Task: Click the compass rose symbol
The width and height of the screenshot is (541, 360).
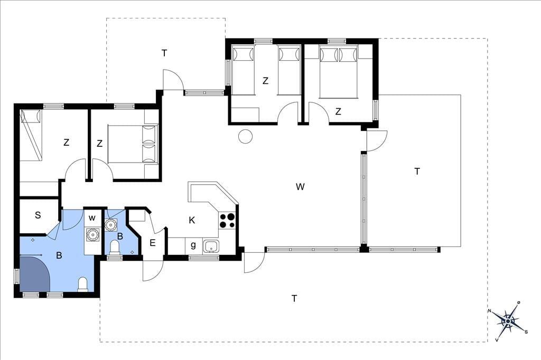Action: pyautogui.click(x=508, y=321)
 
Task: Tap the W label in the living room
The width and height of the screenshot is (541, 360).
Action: pyautogui.click(x=300, y=187)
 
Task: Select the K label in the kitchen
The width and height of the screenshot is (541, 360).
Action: pyautogui.click(x=192, y=220)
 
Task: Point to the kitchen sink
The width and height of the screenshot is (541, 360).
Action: pyautogui.click(x=211, y=246)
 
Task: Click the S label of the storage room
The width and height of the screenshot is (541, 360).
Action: pyautogui.click(x=38, y=215)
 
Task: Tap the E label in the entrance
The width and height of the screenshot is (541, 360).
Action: pyautogui.click(x=153, y=243)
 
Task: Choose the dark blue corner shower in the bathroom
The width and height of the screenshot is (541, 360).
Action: pyautogui.click(x=34, y=273)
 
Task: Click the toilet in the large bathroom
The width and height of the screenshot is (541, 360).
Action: pyautogui.click(x=83, y=285)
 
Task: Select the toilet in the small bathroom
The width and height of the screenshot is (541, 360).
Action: pyautogui.click(x=114, y=248)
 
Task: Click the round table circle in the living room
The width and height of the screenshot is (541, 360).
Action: pyautogui.click(x=245, y=136)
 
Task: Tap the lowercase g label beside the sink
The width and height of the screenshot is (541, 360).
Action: pyautogui.click(x=193, y=245)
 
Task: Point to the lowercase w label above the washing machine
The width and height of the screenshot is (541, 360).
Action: pyautogui.click(x=92, y=218)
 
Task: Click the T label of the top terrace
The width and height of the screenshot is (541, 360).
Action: pyautogui.click(x=164, y=53)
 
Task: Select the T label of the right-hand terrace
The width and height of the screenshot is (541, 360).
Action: pyautogui.click(x=417, y=171)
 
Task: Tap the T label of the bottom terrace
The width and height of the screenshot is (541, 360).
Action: pyautogui.click(x=294, y=298)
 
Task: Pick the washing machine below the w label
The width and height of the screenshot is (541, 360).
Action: pyautogui.click(x=92, y=235)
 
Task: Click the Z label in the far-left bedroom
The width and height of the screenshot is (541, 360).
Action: pyautogui.click(x=66, y=142)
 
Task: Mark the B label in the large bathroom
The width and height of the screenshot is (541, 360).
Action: pyautogui.click(x=59, y=255)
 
